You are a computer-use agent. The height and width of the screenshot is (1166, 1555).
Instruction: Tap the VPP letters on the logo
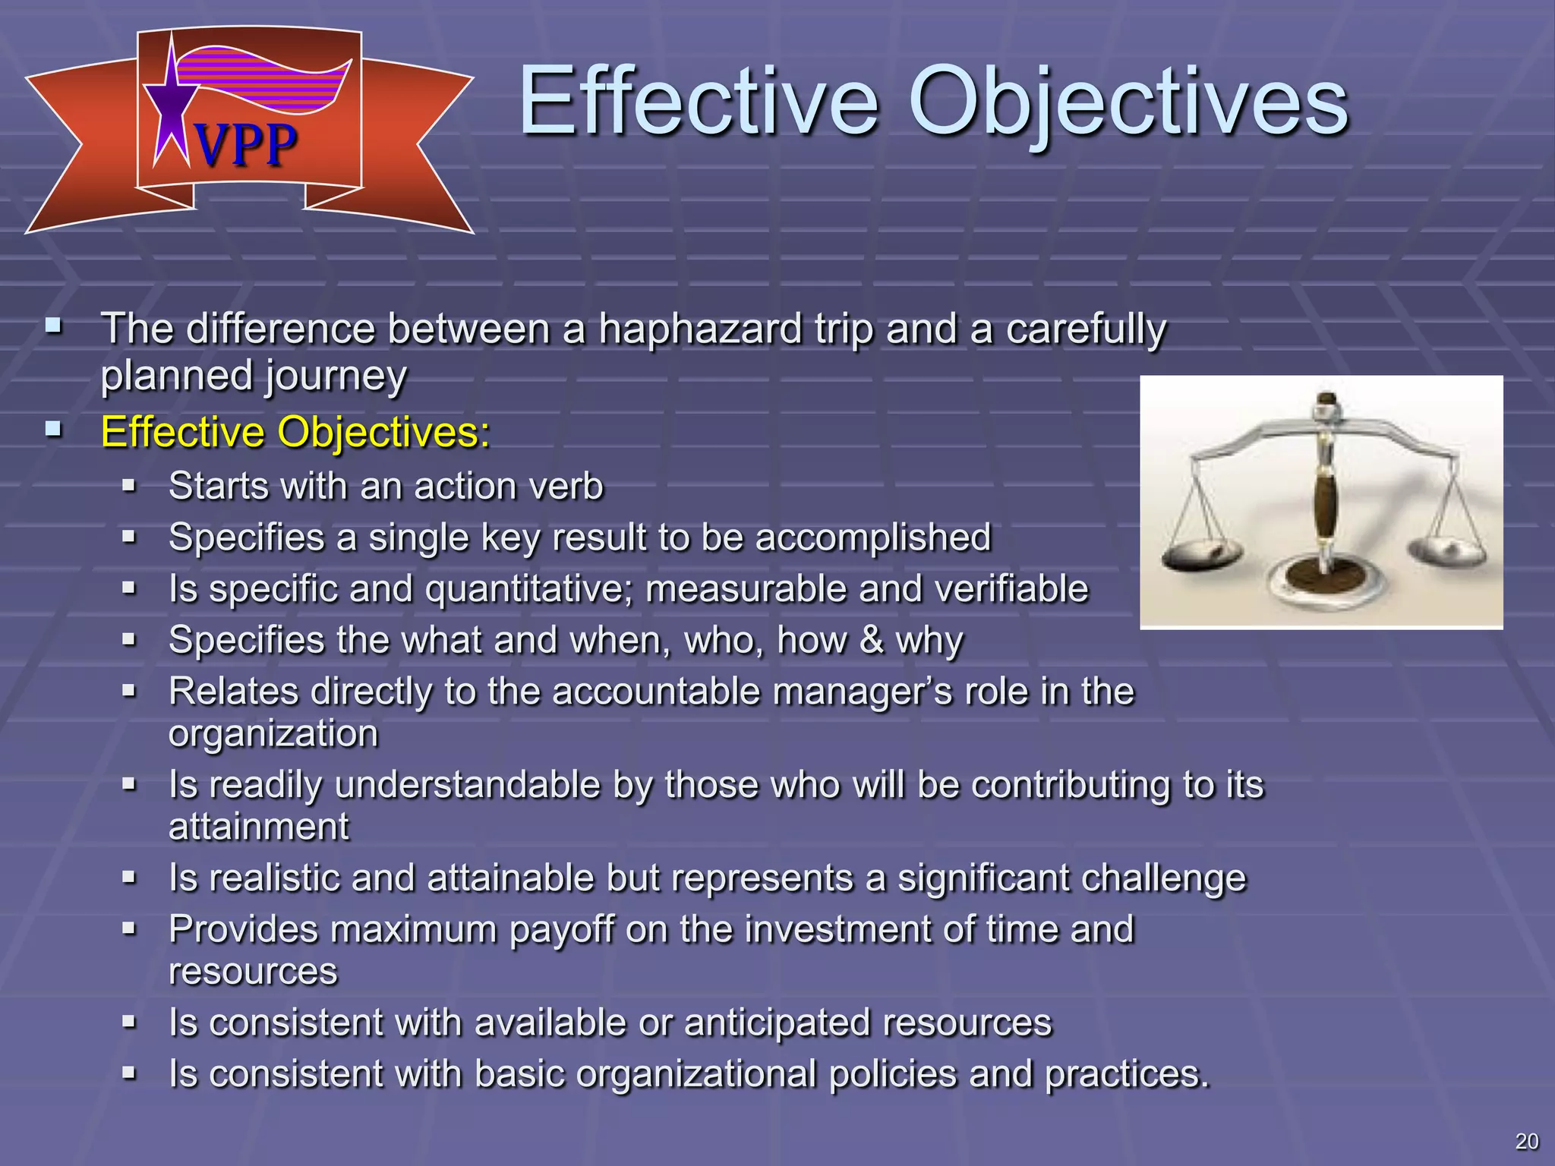coord(244,145)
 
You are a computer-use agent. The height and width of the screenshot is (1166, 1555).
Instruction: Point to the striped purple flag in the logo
coord(266,80)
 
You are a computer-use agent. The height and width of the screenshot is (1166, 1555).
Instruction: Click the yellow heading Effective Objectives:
coord(295,432)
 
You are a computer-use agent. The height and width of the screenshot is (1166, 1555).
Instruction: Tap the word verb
coord(566,486)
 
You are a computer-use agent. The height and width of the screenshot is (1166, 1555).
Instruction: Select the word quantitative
coord(528,589)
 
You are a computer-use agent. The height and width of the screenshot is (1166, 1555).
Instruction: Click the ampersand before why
coord(872,640)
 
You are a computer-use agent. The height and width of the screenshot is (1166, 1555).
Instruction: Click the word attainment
coord(258,827)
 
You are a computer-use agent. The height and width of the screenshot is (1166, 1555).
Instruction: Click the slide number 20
coord(1526,1141)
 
